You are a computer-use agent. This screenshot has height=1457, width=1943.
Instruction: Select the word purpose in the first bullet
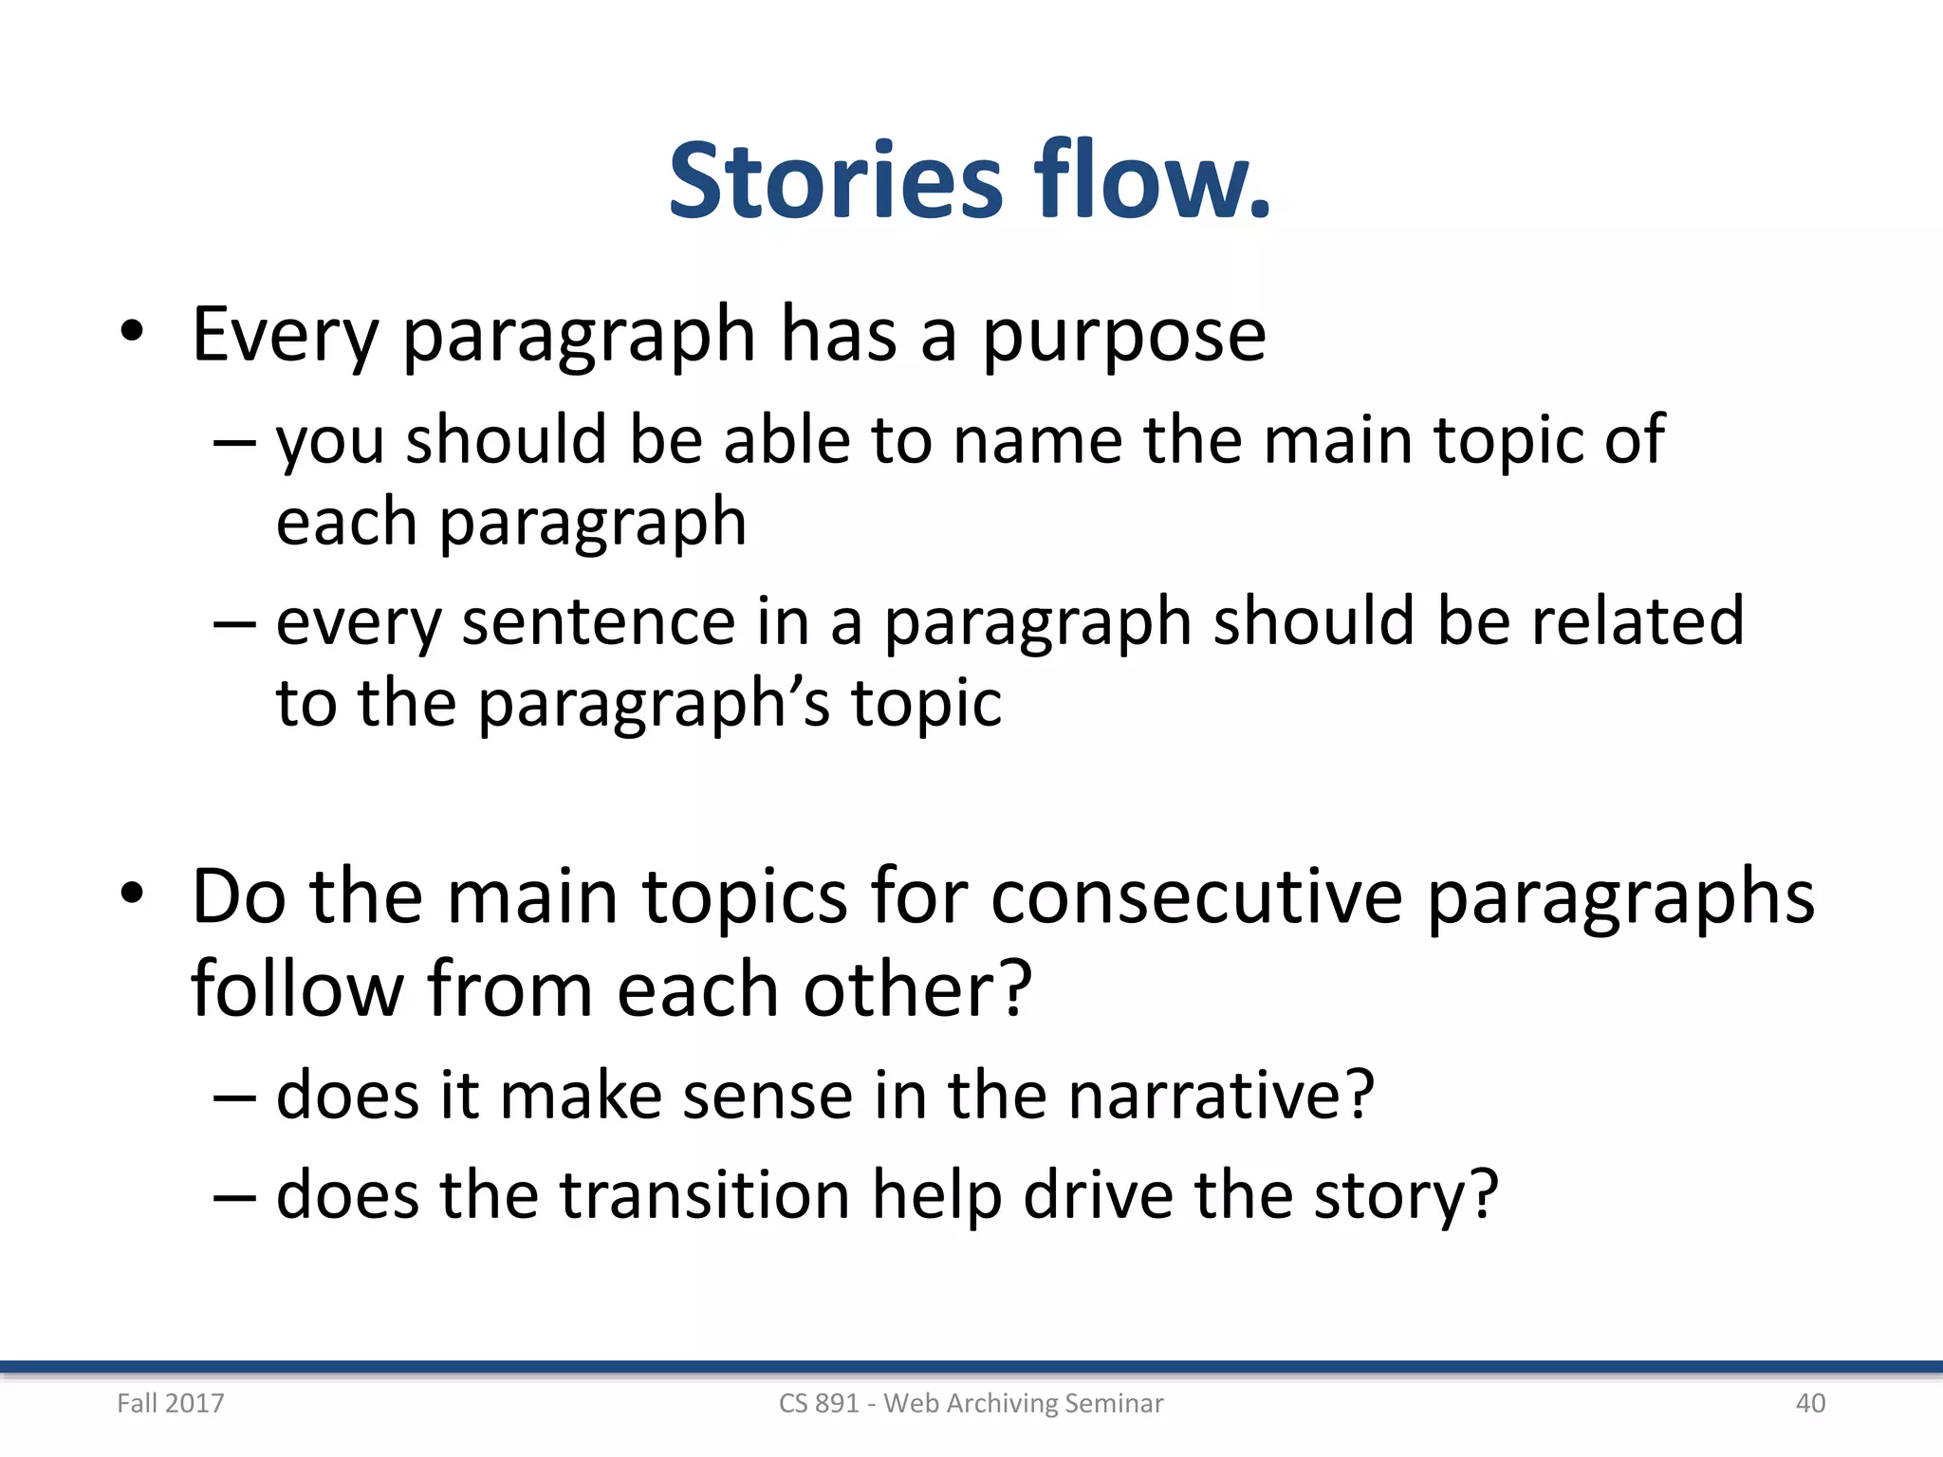[x=1123, y=336]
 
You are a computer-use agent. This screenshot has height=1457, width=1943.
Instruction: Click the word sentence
[x=598, y=622]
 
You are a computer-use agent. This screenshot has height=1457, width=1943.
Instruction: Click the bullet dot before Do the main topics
[x=132, y=893]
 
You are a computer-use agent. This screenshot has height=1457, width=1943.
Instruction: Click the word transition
[x=705, y=1194]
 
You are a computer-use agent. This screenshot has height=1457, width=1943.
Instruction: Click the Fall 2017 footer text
[x=171, y=1403]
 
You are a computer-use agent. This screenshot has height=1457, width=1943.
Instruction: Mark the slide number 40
[x=1810, y=1403]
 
